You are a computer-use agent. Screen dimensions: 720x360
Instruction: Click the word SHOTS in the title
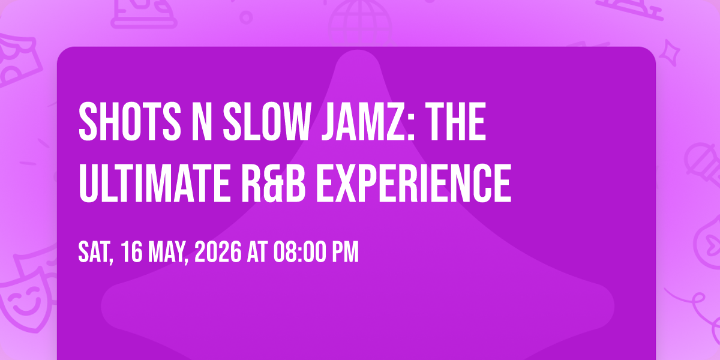pyautogui.click(x=130, y=121)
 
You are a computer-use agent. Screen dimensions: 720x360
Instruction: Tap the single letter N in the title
pyautogui.click(x=202, y=121)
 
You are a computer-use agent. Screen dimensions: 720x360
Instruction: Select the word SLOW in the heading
pyautogui.click(x=266, y=121)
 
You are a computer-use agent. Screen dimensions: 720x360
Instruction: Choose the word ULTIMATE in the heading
pyautogui.click(x=154, y=182)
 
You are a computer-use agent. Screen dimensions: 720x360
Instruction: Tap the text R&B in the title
pyautogui.click(x=273, y=182)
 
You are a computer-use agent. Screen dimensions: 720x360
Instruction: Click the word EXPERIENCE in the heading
pyautogui.click(x=413, y=182)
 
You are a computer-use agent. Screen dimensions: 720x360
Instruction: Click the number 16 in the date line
pyautogui.click(x=132, y=252)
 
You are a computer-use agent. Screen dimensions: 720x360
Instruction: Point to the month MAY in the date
pyautogui.click(x=169, y=253)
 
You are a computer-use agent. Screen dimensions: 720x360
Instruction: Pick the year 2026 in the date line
pyautogui.click(x=218, y=252)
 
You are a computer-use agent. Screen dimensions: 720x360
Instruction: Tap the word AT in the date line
pyautogui.click(x=257, y=252)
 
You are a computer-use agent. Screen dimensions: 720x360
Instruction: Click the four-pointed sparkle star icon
pyautogui.click(x=670, y=53)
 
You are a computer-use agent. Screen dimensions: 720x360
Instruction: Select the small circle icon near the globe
pyautogui.click(x=246, y=17)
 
